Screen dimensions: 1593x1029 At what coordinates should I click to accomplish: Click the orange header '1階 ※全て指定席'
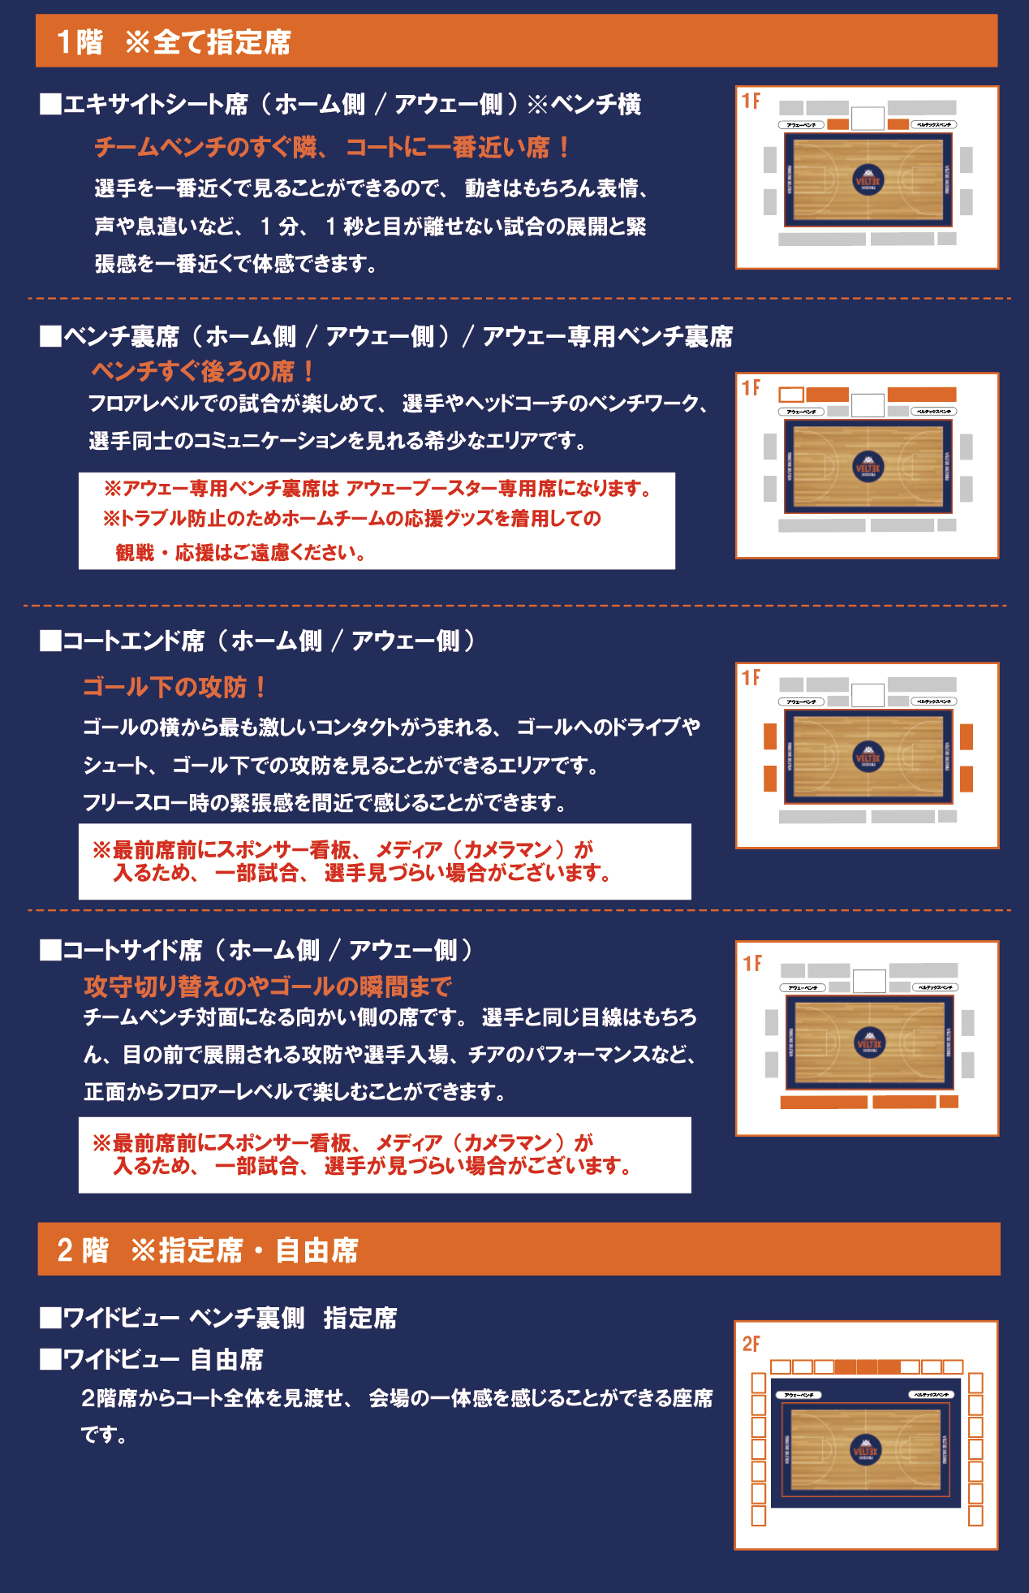pos(174,41)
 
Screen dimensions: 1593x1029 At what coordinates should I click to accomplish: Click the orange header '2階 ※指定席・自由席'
pos(208,1250)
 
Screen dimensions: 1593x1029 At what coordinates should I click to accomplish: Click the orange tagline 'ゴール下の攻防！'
pos(174,687)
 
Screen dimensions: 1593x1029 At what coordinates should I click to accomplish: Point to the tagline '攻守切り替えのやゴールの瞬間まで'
pos(268,986)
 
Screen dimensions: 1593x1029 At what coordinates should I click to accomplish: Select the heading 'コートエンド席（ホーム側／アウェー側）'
pos(260,641)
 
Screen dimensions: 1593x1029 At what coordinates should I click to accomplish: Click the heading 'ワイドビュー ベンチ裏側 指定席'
pos(219,1318)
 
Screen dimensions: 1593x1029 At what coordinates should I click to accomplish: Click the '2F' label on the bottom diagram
pos(751,1344)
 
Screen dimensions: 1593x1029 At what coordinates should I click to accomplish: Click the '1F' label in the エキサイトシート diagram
pos(751,101)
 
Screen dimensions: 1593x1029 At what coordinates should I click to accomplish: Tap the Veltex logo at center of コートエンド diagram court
pos(868,756)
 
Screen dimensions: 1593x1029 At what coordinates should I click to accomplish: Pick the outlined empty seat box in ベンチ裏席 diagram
pos(791,395)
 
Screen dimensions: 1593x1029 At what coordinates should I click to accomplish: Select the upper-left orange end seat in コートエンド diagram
pos(770,736)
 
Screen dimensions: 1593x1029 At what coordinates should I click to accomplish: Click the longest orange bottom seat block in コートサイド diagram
pos(824,1102)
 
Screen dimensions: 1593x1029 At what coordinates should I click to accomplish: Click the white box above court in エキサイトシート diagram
pos(868,119)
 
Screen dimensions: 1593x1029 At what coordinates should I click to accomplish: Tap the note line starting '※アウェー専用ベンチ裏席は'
pos(377,489)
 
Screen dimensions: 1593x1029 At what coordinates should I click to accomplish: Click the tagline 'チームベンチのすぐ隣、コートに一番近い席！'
pos(333,147)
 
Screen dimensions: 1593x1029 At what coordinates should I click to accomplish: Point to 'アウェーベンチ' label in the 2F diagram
pos(800,1395)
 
